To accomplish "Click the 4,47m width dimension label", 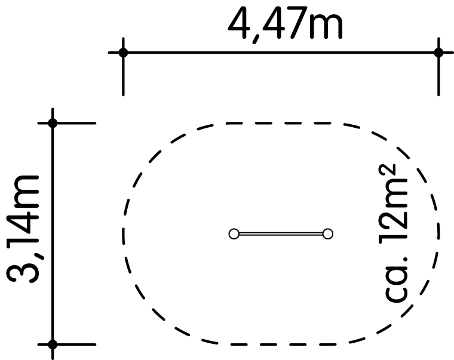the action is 285,24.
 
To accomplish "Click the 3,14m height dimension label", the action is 23,229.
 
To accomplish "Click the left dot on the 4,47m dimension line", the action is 123,53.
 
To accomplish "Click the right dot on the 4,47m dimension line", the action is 438,53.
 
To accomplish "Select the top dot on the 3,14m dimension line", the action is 53,123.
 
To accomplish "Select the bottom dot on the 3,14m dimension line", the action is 53,344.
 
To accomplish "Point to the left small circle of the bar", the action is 234,233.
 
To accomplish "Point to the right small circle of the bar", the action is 328,233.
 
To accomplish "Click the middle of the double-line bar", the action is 281,233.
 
